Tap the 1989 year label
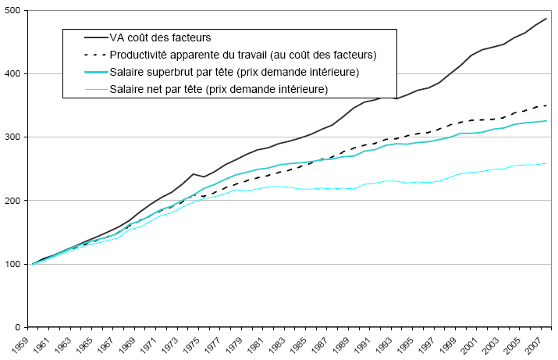(332, 344)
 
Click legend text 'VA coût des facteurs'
(159, 37)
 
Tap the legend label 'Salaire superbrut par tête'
(234, 72)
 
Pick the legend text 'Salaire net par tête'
(218, 89)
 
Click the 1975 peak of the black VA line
(193, 173)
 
